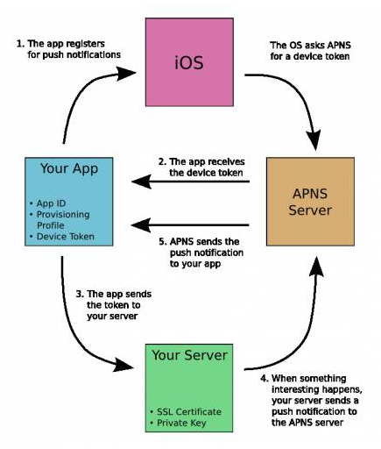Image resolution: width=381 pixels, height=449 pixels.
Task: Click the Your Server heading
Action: (189, 357)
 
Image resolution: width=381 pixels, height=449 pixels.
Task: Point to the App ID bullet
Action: (46, 204)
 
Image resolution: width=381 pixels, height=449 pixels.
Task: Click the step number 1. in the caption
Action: (20, 42)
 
